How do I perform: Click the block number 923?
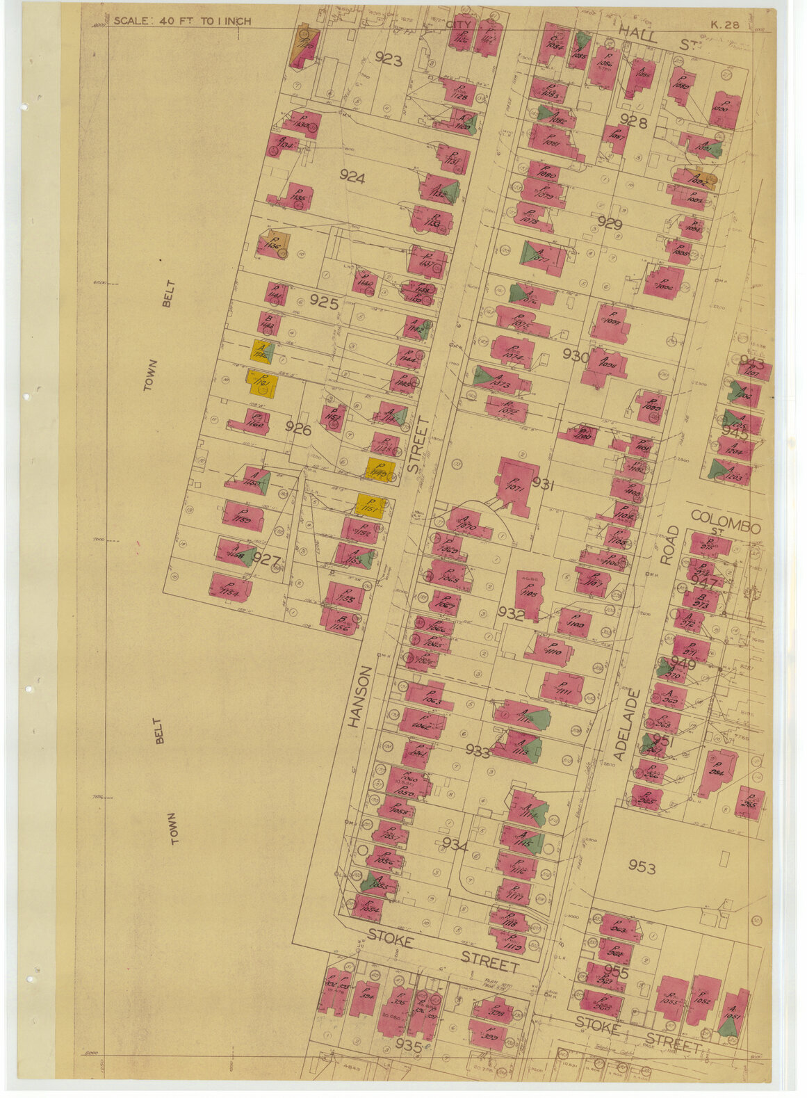coord(388,59)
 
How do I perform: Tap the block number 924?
coord(352,177)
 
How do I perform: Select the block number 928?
coord(633,122)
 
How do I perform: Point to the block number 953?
coord(642,866)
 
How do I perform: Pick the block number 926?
coord(298,429)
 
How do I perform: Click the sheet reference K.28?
coord(724,25)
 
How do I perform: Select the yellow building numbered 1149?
coord(380,470)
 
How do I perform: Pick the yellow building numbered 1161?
coord(262,383)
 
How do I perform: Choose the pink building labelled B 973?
coord(700,599)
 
